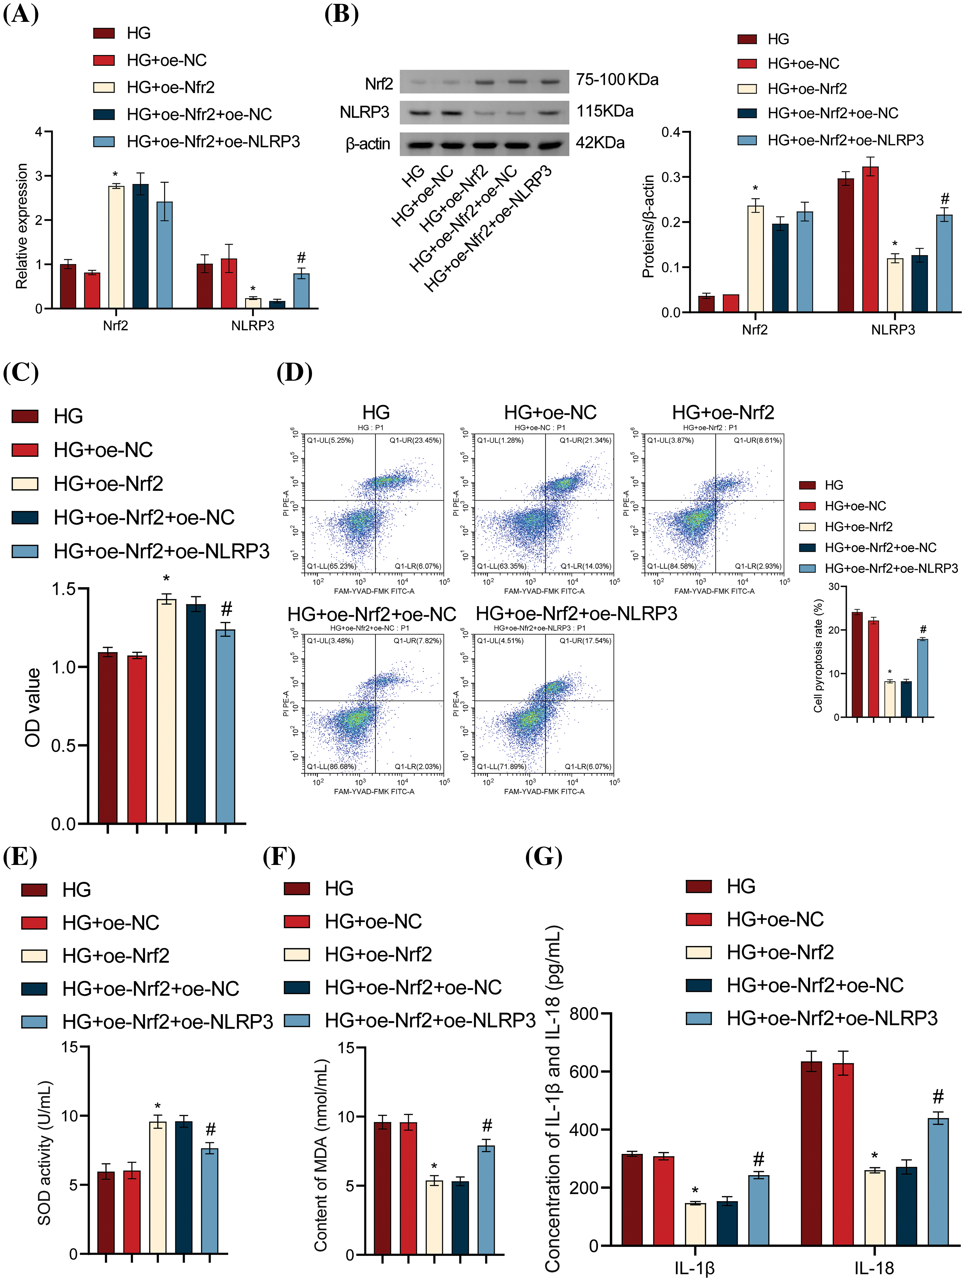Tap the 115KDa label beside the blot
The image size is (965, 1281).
click(605, 111)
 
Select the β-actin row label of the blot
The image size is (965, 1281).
click(368, 144)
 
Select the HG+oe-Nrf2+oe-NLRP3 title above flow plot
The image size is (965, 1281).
click(576, 613)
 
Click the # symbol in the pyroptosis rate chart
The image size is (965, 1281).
click(923, 630)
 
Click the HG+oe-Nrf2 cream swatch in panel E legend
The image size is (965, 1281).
click(34, 956)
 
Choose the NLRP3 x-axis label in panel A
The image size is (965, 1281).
click(253, 325)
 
